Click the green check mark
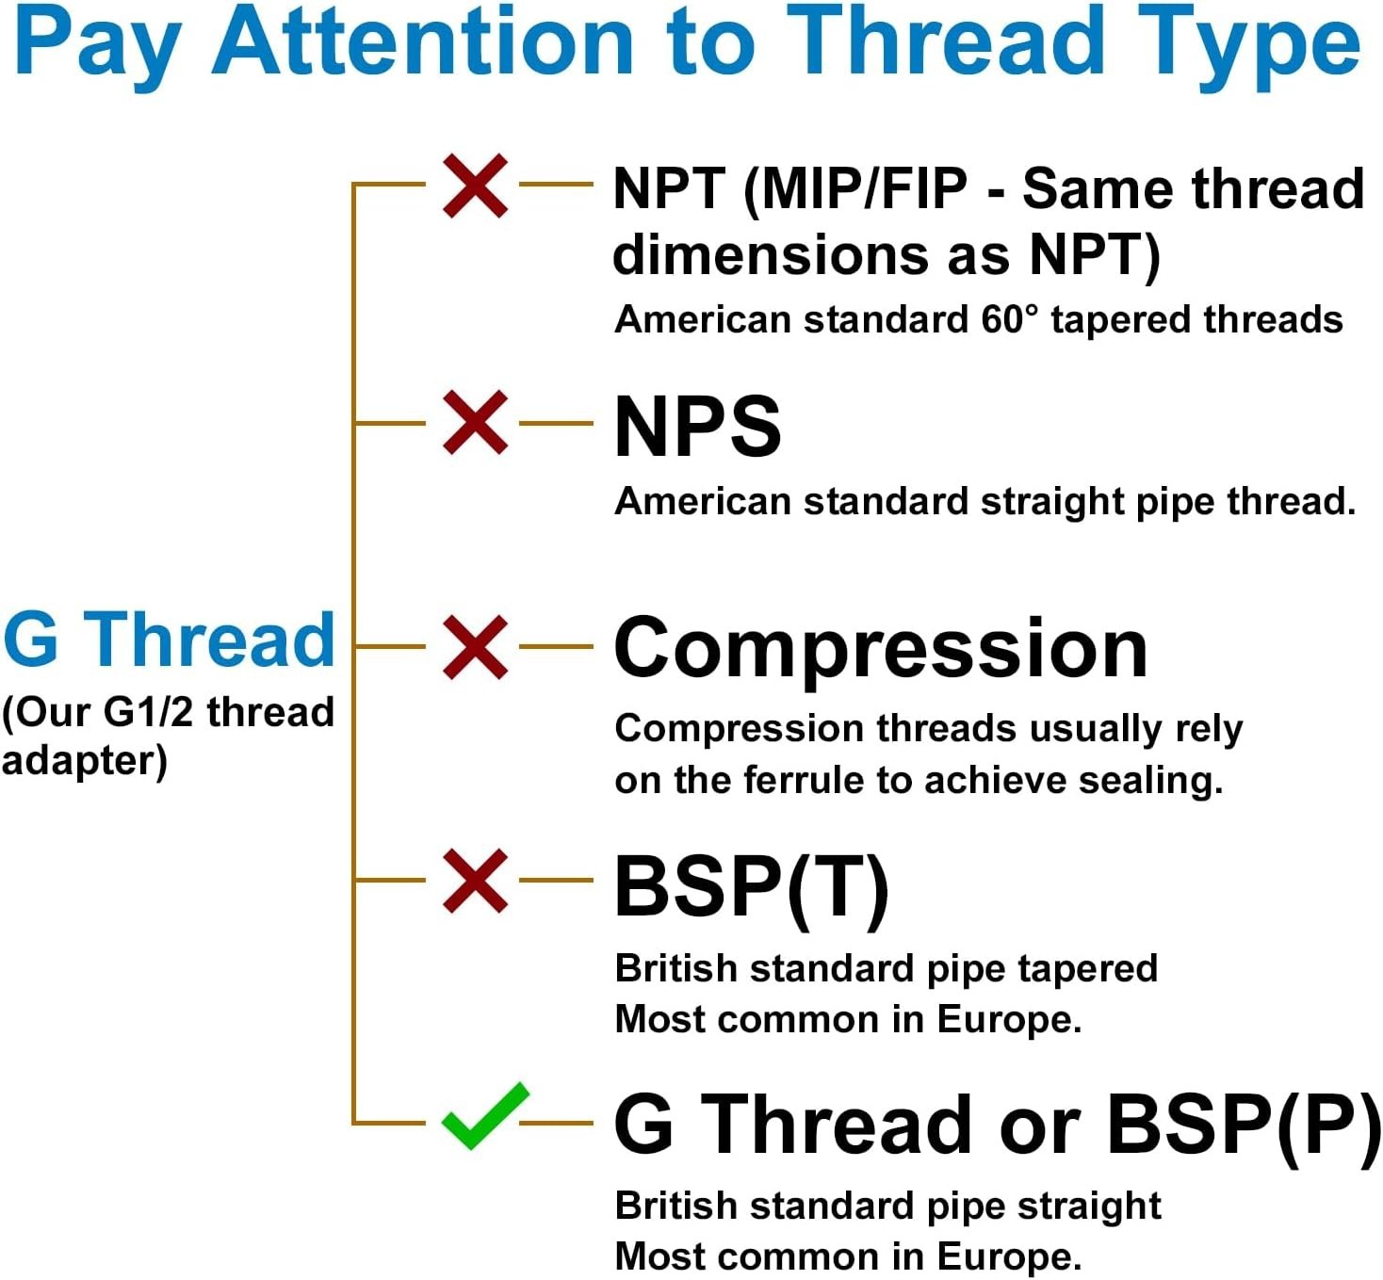coord(484,1117)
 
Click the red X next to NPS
coord(475,423)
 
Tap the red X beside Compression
coord(475,647)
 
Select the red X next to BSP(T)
coord(475,880)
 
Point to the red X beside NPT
coord(475,186)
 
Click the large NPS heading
coord(697,427)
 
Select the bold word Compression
coord(880,650)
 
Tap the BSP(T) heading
coord(751,887)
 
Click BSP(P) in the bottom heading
coord(1243,1125)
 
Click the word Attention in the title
coord(423,42)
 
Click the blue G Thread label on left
coord(169,640)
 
